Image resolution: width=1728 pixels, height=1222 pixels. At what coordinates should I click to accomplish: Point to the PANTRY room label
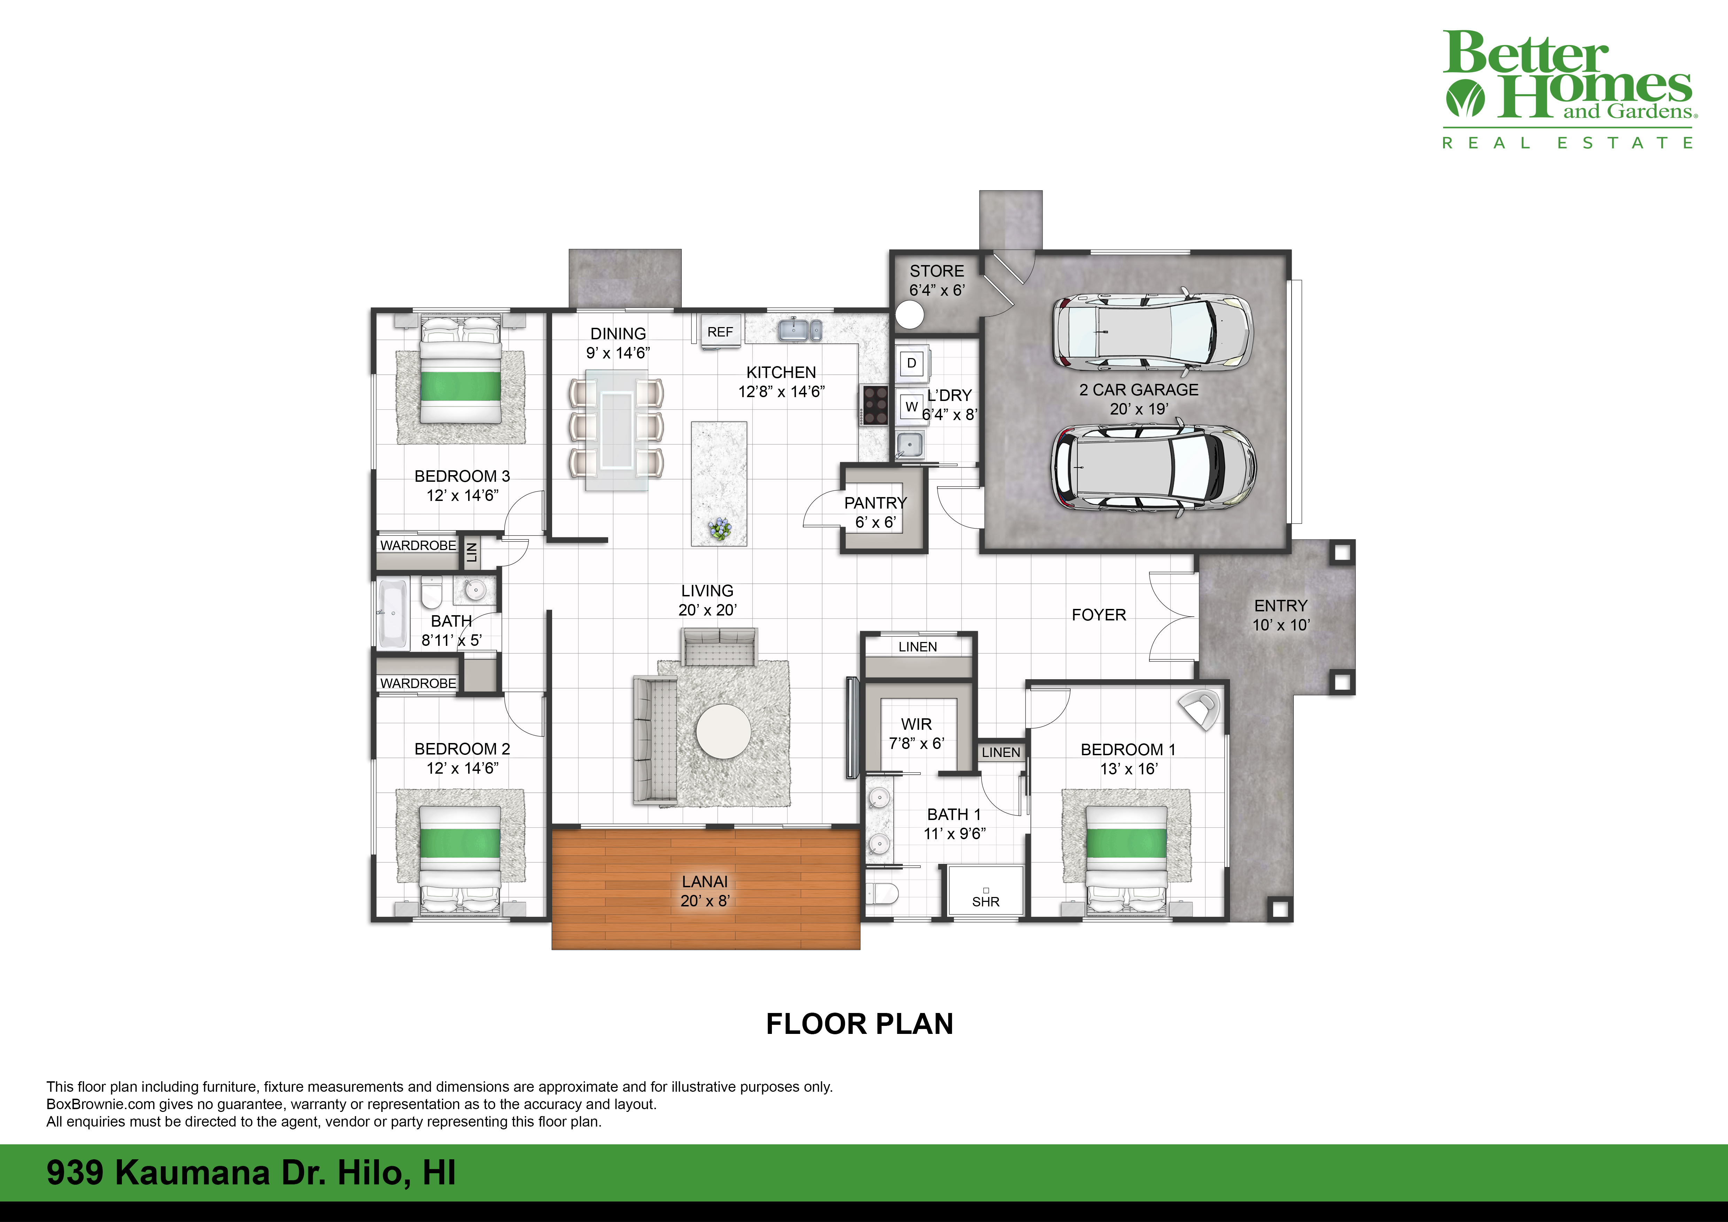(875, 503)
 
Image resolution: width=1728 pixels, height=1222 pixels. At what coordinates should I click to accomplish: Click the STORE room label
(936, 271)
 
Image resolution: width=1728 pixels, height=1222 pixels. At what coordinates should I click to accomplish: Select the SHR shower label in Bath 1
(985, 902)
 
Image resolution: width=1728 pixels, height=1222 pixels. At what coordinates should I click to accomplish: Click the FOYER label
(1098, 615)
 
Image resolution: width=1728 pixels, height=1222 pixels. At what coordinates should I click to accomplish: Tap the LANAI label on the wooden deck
(704, 881)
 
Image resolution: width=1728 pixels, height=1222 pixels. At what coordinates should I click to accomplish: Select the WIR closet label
(916, 724)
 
